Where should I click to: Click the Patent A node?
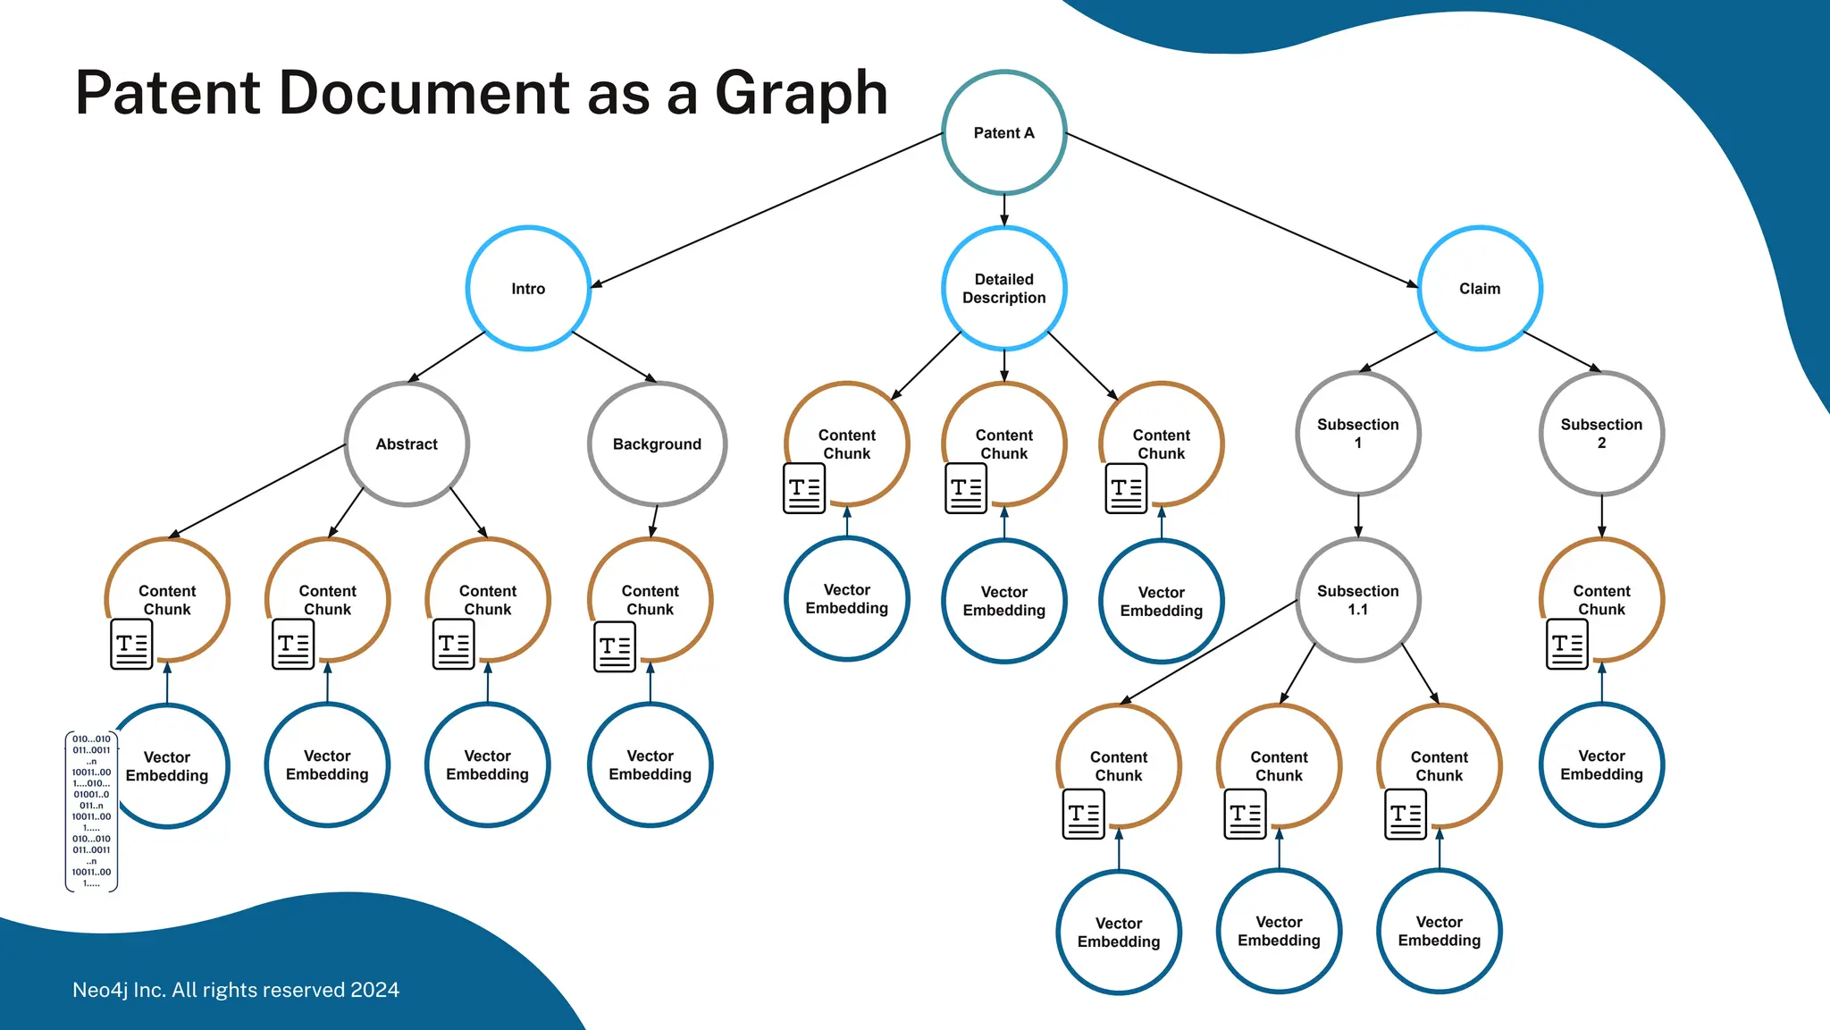coord(1003,132)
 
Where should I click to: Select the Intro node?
coord(528,288)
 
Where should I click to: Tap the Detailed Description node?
coord(1003,288)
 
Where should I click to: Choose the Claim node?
coord(1480,288)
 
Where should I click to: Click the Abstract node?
coord(407,443)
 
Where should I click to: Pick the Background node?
coord(657,443)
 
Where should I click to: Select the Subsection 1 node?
coord(1357,434)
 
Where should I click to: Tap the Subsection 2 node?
coord(1601,434)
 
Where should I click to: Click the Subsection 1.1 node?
coord(1357,600)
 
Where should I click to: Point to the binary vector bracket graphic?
coord(91,811)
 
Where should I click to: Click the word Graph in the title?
coord(801,93)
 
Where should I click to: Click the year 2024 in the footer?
coord(375,990)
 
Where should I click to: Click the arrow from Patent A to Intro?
coord(768,210)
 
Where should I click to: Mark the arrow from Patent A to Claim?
coord(1242,210)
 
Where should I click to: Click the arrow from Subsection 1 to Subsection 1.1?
coord(1358,516)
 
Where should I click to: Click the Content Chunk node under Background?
coord(651,600)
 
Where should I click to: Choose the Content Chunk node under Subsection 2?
coord(1601,600)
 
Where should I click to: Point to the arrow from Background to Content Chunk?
coord(654,521)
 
